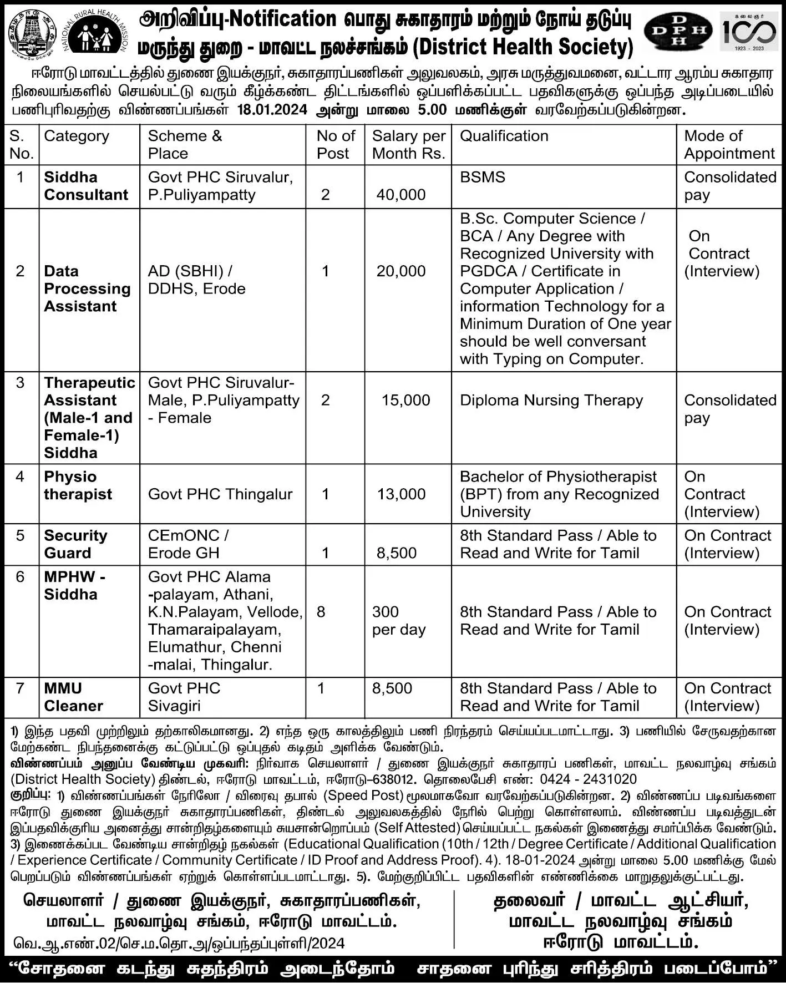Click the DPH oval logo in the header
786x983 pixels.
click(x=678, y=31)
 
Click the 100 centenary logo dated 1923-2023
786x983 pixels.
click(x=749, y=31)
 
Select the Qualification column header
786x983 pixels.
click(x=504, y=136)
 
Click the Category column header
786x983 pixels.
click(x=77, y=136)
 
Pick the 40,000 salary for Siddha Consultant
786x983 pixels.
click(x=400, y=195)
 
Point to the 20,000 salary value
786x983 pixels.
click(x=400, y=271)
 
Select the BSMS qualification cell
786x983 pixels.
click(x=482, y=178)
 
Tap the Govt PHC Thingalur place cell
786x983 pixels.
click(x=220, y=494)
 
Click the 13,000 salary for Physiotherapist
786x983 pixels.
click(x=401, y=494)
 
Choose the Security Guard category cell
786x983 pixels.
click(x=75, y=544)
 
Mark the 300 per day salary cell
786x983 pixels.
click(x=398, y=621)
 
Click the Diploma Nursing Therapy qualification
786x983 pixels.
click(x=551, y=401)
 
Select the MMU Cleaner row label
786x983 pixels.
click(x=73, y=697)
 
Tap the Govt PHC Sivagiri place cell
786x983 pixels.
click(x=184, y=697)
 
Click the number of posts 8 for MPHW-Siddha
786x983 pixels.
click(x=321, y=612)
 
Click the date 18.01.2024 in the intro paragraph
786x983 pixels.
click(x=272, y=110)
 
